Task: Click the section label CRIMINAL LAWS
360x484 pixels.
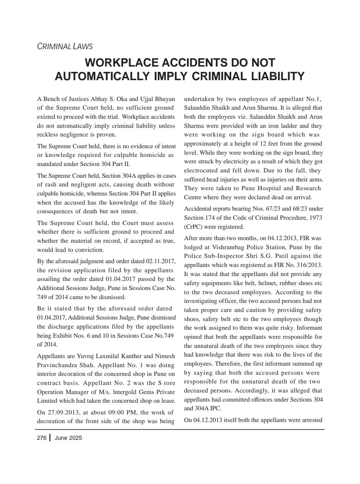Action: pyautogui.click(x=65, y=47)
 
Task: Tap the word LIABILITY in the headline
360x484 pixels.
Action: pyautogui.click(x=278, y=76)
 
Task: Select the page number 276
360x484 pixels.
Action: pyautogui.click(x=42, y=438)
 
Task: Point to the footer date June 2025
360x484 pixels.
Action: pyautogui.click(x=68, y=438)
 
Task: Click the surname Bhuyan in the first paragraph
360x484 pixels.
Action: pyautogui.click(x=165, y=99)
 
